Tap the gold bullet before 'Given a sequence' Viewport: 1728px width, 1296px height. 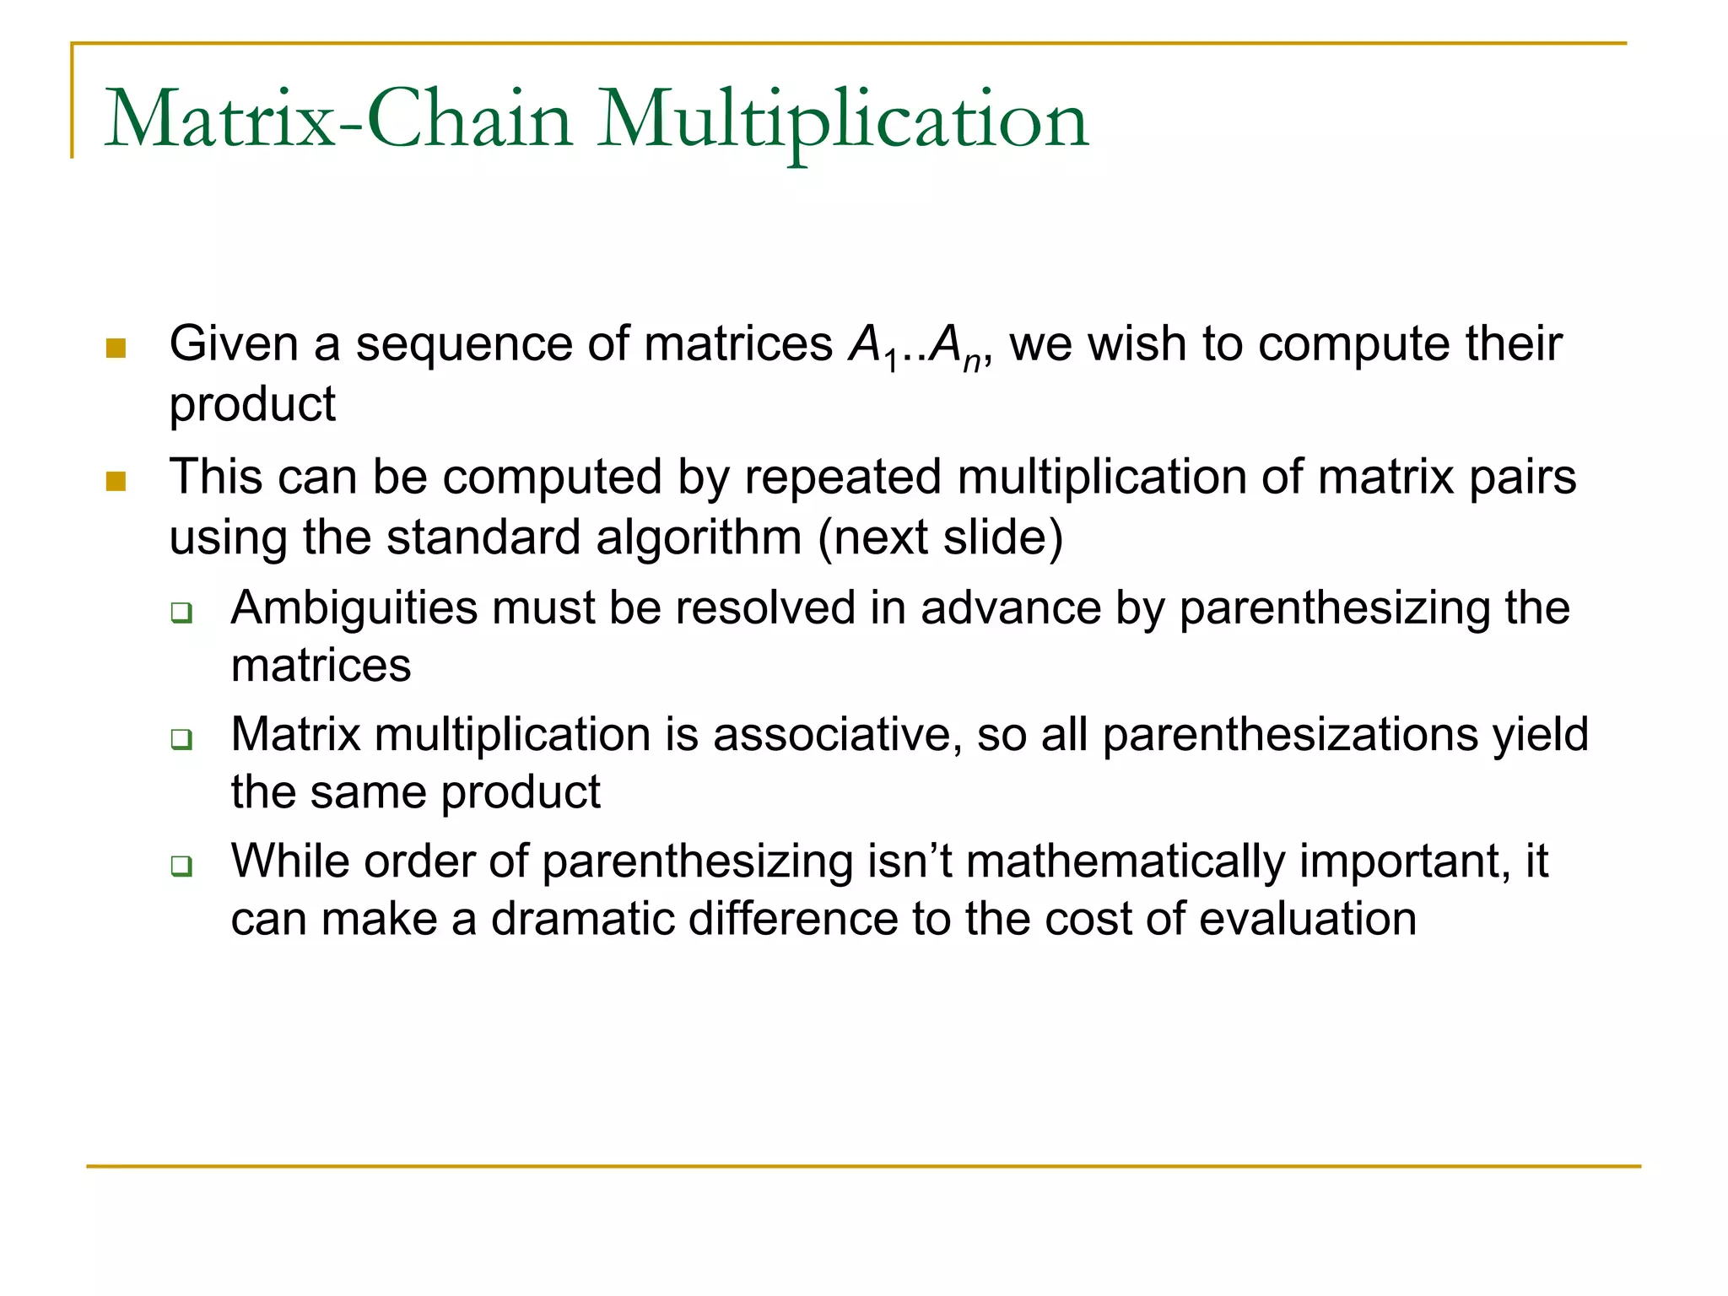point(116,348)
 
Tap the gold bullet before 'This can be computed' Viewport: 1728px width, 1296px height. point(116,482)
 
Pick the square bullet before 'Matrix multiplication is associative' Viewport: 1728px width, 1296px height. point(181,739)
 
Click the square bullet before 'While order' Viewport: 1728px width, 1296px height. point(181,866)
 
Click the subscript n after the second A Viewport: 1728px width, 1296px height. point(972,362)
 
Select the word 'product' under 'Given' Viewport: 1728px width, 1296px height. point(252,405)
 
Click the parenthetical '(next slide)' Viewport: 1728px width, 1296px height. point(940,538)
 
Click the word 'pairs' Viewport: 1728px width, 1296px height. point(1522,478)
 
